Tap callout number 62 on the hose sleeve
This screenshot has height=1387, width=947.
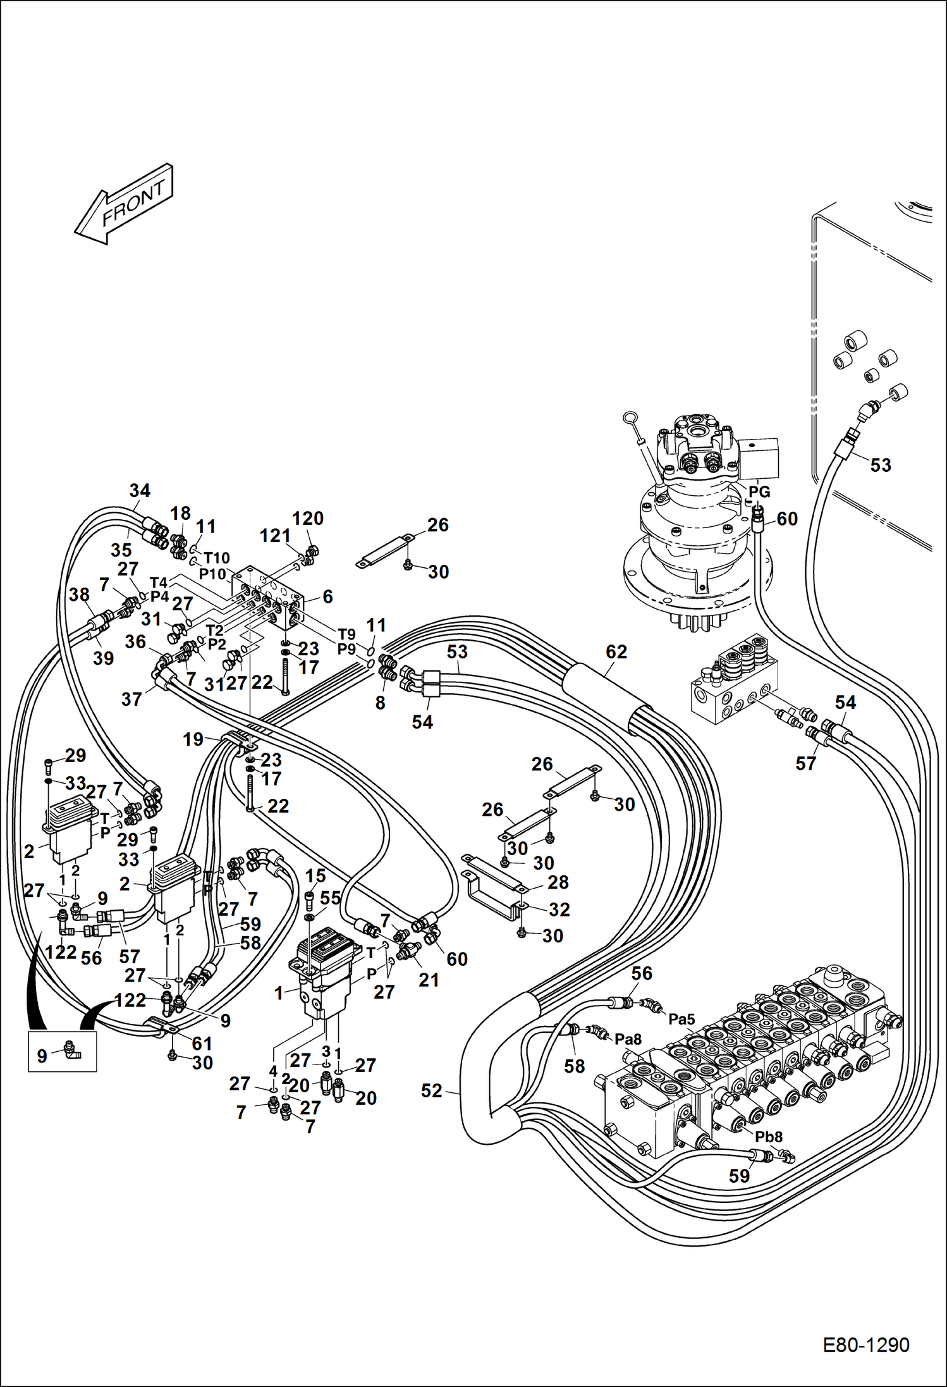(616, 651)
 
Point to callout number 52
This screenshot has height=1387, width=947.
(431, 1090)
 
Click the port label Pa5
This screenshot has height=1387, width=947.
(681, 1019)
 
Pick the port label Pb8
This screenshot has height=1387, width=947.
(768, 1137)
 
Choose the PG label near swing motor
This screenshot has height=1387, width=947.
(759, 491)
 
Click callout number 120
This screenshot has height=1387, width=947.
(307, 518)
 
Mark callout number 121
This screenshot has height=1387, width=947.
(275, 536)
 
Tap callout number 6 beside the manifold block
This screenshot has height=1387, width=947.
(327, 596)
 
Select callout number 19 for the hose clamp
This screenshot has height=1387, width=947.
(193, 739)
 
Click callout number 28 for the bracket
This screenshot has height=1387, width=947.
(558, 882)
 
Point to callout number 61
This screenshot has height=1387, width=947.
(202, 1043)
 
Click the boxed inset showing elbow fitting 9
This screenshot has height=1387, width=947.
(62, 1051)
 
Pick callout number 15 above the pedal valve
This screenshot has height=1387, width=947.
(315, 875)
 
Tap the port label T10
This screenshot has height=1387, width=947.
(216, 558)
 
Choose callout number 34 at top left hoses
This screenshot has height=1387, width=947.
(140, 490)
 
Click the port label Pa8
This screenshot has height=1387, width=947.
(628, 1039)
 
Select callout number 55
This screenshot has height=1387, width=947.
(330, 897)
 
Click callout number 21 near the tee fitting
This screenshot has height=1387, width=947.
(428, 980)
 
